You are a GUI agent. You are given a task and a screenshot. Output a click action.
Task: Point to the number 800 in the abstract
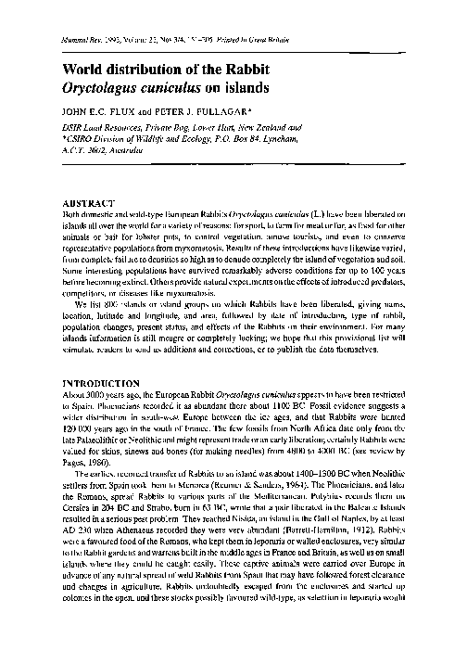coord(111,302)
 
